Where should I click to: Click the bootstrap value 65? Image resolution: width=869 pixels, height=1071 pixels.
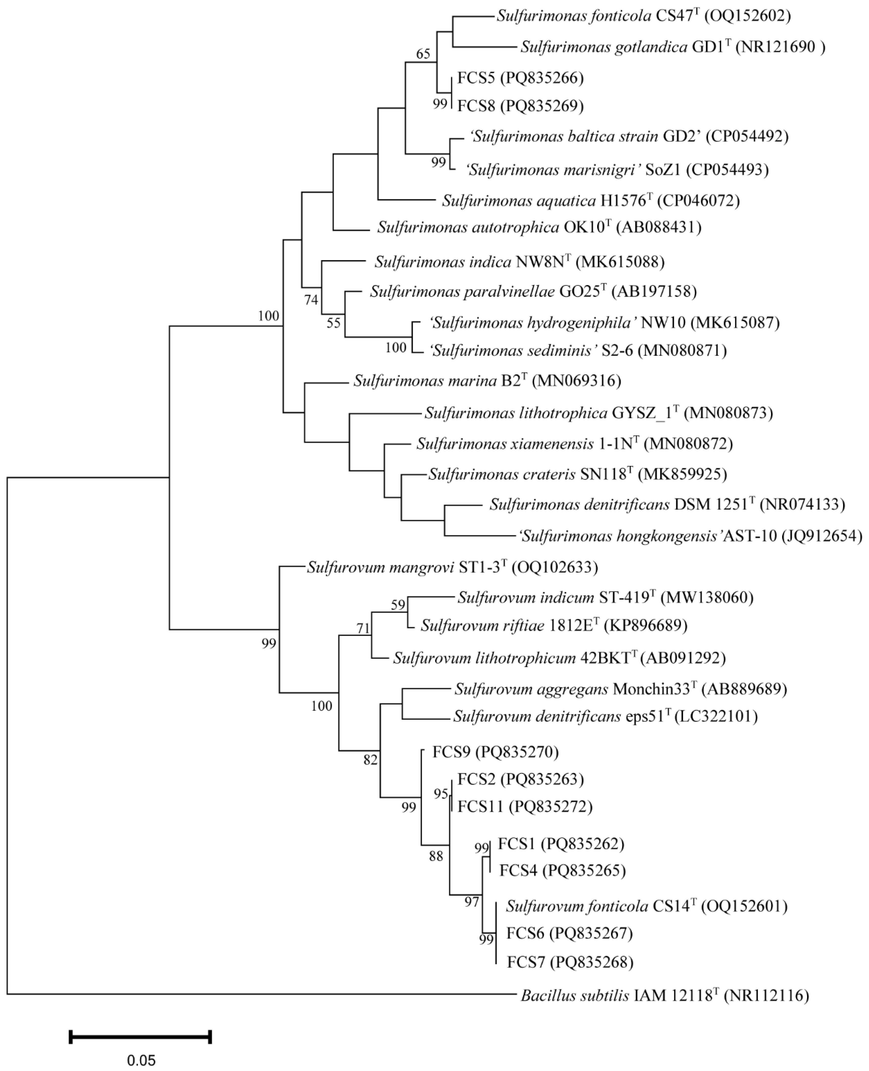point(423,54)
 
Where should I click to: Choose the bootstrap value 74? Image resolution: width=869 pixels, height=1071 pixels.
point(311,300)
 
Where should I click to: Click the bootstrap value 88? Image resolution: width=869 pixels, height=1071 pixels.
point(436,857)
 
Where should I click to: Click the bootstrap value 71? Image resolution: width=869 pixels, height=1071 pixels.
point(363,628)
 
